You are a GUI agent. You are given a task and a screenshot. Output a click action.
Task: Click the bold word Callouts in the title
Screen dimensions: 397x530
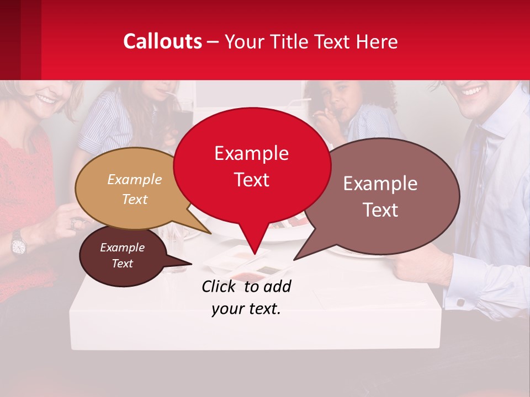tap(162, 41)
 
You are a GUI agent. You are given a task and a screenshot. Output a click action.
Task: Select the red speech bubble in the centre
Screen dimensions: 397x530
tap(252, 165)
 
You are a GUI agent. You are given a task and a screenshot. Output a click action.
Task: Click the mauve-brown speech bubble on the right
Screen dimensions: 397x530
tap(381, 196)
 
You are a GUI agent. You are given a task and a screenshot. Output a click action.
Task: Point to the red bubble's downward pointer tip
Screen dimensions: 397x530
tap(255, 253)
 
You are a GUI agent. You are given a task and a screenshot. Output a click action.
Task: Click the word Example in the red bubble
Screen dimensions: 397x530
tap(252, 153)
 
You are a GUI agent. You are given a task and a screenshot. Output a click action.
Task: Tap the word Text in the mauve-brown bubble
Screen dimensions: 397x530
tap(381, 210)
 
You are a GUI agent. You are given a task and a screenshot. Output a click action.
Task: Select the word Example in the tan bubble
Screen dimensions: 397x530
tap(135, 180)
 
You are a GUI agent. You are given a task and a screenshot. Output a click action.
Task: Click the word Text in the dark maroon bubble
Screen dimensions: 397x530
tap(123, 264)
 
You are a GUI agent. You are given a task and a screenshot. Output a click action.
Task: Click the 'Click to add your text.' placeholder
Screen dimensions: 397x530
tap(246, 298)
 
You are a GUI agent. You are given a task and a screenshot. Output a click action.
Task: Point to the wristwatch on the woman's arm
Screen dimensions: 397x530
tap(18, 243)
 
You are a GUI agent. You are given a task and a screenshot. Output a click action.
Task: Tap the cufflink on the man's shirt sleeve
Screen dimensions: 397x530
tap(459, 303)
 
